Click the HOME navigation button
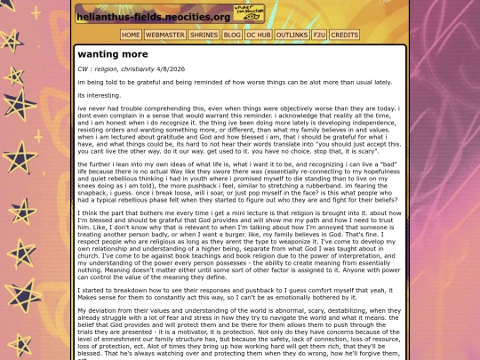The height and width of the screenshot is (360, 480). (x=131, y=35)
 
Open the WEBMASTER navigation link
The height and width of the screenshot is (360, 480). (x=164, y=35)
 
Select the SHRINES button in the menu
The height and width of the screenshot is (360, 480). (x=204, y=35)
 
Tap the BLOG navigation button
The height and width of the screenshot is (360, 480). (x=232, y=35)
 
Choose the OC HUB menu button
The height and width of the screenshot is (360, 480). (x=259, y=35)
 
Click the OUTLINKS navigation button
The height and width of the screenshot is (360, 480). (x=292, y=35)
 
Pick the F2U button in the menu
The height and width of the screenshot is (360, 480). (x=319, y=35)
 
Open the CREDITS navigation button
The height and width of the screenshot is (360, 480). (x=345, y=35)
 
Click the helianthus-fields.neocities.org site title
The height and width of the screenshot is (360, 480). (x=153, y=16)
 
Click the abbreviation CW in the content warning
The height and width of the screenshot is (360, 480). (x=84, y=68)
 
